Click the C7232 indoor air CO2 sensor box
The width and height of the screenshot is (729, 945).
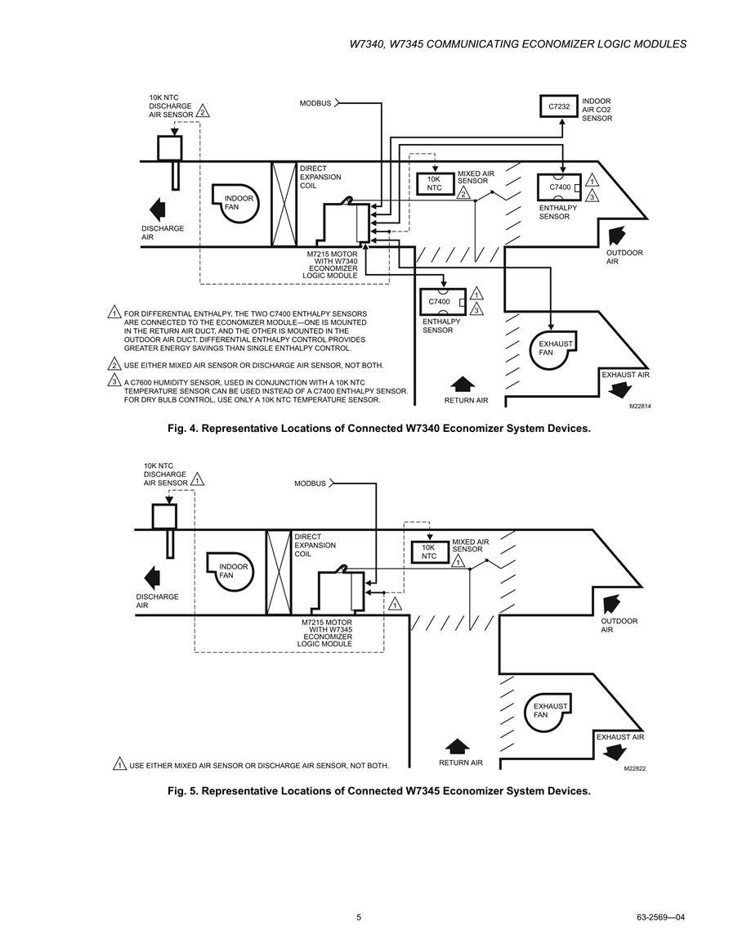click(559, 106)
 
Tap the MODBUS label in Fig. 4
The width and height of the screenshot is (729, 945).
click(315, 103)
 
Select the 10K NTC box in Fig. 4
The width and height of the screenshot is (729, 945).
click(434, 184)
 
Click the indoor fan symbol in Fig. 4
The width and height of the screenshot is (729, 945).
click(235, 203)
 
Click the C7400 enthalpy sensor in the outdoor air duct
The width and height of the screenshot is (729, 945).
click(559, 187)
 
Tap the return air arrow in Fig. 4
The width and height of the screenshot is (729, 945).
click(463, 384)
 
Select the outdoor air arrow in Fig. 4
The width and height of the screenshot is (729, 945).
click(616, 235)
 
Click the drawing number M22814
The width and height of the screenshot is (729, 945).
click(640, 406)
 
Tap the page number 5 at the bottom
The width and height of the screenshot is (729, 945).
click(359, 917)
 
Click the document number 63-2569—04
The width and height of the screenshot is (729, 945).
click(660, 917)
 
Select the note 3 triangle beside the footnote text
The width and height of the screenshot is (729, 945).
click(114, 381)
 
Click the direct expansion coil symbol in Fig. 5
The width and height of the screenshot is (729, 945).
click(278, 572)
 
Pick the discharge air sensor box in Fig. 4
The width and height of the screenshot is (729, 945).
click(170, 147)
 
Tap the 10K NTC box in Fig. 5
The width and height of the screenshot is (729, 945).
click(428, 552)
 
